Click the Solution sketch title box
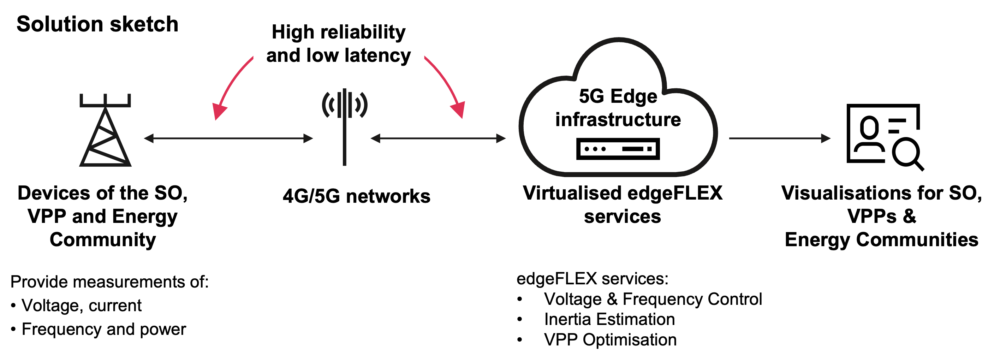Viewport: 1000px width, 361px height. click(97, 24)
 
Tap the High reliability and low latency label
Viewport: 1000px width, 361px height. click(339, 43)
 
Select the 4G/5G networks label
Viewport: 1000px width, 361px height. click(356, 196)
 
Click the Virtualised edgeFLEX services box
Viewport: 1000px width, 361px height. click(622, 205)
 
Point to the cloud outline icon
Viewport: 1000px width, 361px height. click(618, 109)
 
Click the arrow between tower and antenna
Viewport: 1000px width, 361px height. click(228, 138)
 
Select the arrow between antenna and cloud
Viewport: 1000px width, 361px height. click(438, 138)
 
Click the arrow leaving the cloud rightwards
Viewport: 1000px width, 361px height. click(780, 138)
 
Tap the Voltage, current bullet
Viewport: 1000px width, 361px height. click(81, 306)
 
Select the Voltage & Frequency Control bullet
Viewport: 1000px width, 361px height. click(653, 299)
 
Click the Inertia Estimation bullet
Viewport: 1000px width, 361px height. click(609, 319)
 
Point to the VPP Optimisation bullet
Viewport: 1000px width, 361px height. click(610, 340)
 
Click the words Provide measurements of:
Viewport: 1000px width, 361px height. click(109, 282)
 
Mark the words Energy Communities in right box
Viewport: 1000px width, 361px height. click(881, 240)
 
